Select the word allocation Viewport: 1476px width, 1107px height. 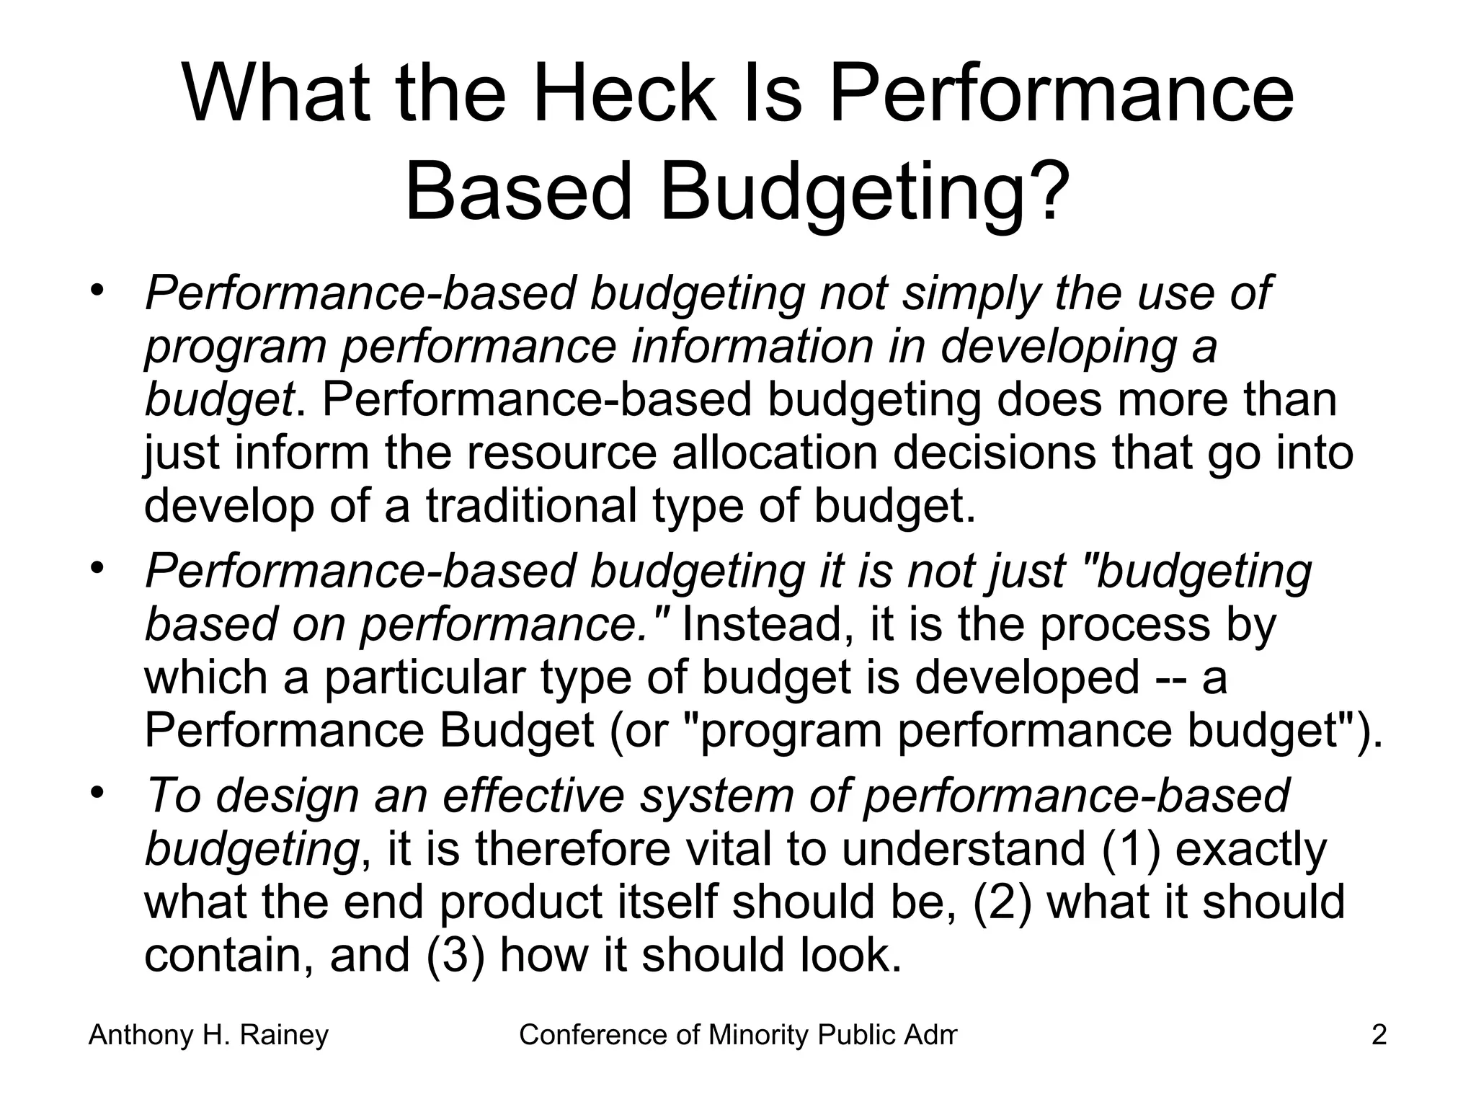coord(775,453)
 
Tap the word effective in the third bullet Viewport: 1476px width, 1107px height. coord(533,796)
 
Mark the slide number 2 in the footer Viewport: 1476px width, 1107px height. coord(1379,1035)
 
